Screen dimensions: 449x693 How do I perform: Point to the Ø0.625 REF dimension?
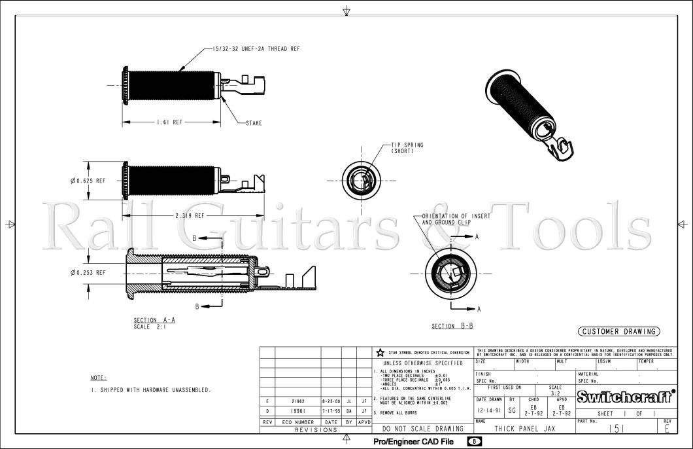pyautogui.click(x=91, y=181)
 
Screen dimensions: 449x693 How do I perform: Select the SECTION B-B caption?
pyautogui.click(x=452, y=326)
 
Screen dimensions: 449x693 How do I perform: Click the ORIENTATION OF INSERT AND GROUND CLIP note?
pyautogui.click(x=456, y=219)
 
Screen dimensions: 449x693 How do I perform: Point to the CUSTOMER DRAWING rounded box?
pyautogui.click(x=618, y=331)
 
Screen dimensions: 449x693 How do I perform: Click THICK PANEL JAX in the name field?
pyautogui.click(x=525, y=429)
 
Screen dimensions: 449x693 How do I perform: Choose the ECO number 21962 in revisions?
pyautogui.click(x=297, y=401)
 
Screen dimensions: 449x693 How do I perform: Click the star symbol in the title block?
pyautogui.click(x=380, y=352)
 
